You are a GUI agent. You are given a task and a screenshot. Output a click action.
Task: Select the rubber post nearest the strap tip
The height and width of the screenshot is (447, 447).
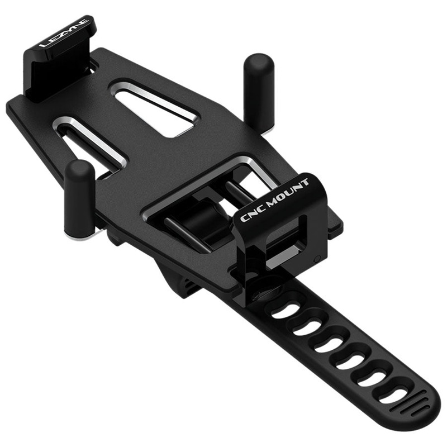coord(259,92)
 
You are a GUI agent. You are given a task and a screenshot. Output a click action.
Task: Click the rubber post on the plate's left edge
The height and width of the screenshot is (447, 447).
coord(79,198)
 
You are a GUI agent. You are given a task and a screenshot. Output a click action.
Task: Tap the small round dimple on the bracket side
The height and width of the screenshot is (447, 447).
coord(317,258)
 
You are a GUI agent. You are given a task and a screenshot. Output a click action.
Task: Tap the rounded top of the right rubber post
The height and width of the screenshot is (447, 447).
coord(259,61)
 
